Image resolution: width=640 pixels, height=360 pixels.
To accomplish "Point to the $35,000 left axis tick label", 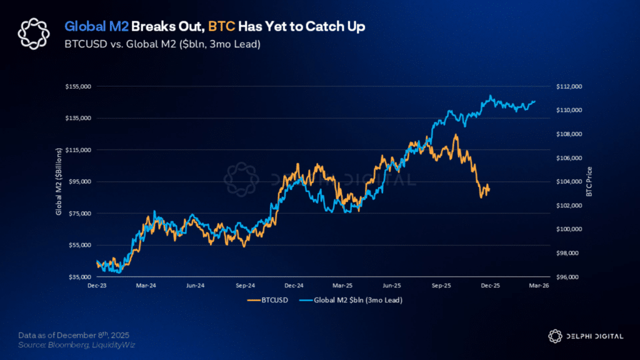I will pyautogui.click(x=78, y=276).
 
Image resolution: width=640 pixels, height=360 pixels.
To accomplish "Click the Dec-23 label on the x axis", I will pyautogui.click(x=96, y=286).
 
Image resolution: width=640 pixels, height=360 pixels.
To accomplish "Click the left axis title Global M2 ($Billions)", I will pyautogui.click(x=59, y=182).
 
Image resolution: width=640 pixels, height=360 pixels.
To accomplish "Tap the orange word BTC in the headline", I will pyautogui.click(x=221, y=27).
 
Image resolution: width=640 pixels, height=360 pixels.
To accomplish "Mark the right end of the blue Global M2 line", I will pyautogui.click(x=535, y=101).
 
